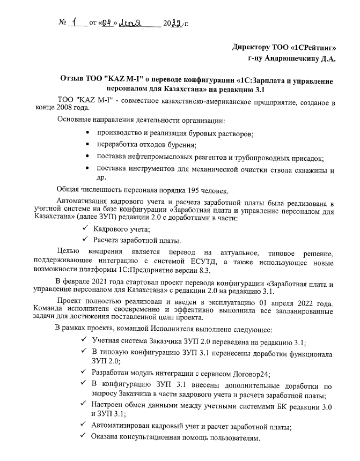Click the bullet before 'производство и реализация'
click(x=87, y=132)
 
